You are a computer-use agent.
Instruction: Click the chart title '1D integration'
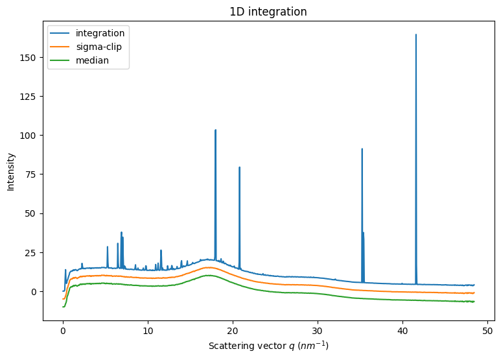click(x=268, y=12)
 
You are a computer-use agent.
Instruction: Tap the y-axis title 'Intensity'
click(x=11, y=171)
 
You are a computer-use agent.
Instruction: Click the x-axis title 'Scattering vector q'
click(x=268, y=346)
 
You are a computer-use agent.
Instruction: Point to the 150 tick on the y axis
click(x=30, y=58)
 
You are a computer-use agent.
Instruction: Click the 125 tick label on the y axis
click(x=30, y=97)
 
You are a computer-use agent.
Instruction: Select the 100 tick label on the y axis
click(x=30, y=136)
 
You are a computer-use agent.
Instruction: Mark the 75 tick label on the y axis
click(x=32, y=174)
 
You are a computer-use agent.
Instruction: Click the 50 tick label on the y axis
click(x=32, y=213)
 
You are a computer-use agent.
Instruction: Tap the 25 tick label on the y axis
click(x=32, y=252)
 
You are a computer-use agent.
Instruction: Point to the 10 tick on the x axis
click(x=148, y=330)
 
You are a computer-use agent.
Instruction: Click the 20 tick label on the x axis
click(x=233, y=330)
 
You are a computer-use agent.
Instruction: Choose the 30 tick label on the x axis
click(x=318, y=330)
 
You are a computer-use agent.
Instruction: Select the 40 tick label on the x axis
click(x=402, y=330)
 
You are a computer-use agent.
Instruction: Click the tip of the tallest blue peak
click(x=416, y=34)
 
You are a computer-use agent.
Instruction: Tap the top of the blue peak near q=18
click(x=215, y=130)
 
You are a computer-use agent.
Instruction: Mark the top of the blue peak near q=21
click(x=239, y=167)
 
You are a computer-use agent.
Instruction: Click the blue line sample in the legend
click(x=62, y=33)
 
